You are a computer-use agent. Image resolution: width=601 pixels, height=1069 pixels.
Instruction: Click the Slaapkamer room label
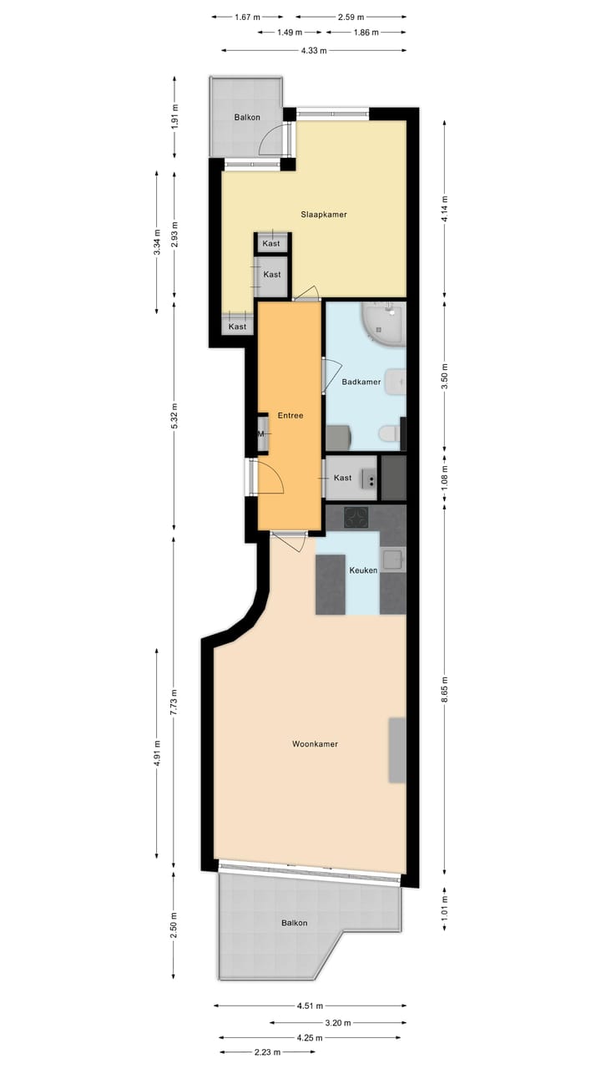[x=324, y=215]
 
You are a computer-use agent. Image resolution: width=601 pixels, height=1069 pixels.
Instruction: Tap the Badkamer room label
[x=361, y=383]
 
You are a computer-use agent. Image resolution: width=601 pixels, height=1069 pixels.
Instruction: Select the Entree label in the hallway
[x=290, y=415]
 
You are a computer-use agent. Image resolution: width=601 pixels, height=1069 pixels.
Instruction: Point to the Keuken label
[x=363, y=570]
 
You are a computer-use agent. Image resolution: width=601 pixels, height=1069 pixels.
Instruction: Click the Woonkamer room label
[x=315, y=743]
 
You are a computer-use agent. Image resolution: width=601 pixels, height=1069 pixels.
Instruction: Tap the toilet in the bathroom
[x=388, y=433]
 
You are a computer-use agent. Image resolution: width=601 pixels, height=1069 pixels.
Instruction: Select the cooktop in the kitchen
[x=357, y=518]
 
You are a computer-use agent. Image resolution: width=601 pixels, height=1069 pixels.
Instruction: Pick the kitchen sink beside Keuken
[x=392, y=559]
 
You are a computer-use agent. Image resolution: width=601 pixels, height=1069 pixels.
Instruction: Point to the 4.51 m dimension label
[x=310, y=1006]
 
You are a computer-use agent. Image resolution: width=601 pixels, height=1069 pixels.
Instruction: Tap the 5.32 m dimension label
[x=174, y=415]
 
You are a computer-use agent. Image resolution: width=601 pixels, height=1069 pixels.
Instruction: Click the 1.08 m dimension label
[x=444, y=478]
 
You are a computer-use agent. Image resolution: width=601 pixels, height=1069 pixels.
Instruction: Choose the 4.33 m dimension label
[x=314, y=50]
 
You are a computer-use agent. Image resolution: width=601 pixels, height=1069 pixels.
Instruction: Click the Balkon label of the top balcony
[x=247, y=118]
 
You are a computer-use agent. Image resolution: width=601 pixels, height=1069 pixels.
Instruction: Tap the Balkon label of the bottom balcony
[x=294, y=923]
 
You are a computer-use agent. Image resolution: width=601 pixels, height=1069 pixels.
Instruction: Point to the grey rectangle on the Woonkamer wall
[x=397, y=749]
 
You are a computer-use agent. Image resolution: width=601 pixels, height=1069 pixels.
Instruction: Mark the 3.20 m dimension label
[x=338, y=1022]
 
